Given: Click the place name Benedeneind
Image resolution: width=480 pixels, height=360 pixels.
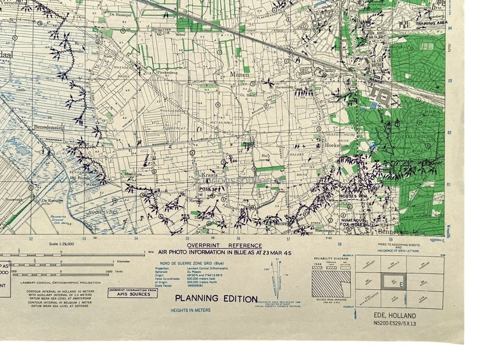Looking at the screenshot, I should pos(48,127).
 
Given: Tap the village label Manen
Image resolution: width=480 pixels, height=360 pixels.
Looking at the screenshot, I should pos(240,74).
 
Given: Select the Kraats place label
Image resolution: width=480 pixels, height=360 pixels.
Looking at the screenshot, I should pos(210,174).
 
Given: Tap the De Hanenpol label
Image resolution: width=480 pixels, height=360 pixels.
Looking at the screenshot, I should pos(119,15).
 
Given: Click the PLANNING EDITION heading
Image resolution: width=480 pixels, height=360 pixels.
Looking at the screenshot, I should pos(216,299).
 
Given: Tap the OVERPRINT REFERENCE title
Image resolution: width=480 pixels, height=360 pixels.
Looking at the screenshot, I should pos(225,246).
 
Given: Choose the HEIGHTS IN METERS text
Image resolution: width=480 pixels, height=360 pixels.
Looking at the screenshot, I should pos(190,310).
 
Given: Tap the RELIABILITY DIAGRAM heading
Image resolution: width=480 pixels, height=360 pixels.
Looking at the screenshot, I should pos(331,258).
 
